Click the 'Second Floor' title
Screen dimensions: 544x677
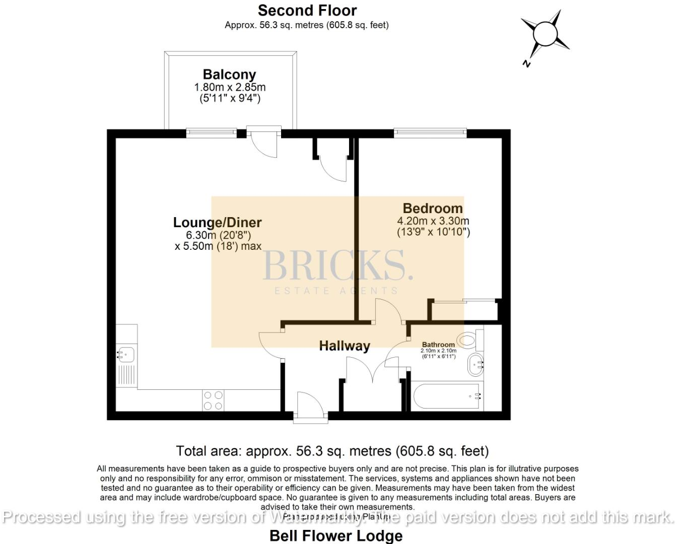tap(307, 10)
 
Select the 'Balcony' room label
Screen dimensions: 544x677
tap(229, 75)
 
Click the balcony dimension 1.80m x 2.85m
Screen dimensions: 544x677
tap(230, 87)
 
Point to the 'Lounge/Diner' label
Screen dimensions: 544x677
tap(217, 222)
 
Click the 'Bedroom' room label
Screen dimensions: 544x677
tap(432, 208)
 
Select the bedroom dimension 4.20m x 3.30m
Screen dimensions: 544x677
tap(433, 221)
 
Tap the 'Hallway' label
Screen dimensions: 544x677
tap(345, 346)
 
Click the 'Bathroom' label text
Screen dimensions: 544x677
tap(438, 345)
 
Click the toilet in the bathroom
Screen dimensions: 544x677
tap(469, 340)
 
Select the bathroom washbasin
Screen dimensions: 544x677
tap(475, 364)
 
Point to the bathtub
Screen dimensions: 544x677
tap(447, 396)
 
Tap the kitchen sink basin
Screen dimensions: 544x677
tap(125, 354)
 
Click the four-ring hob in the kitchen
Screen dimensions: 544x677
tap(213, 400)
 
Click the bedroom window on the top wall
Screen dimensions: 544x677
tap(430, 132)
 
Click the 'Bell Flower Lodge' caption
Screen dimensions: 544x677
tap(336, 535)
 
